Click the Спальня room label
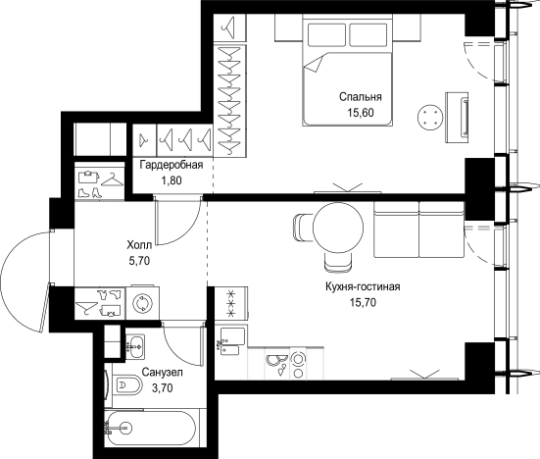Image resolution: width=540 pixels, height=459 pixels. [x=361, y=97]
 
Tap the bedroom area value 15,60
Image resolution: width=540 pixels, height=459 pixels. [x=361, y=113]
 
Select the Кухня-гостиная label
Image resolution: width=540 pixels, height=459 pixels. [x=363, y=286]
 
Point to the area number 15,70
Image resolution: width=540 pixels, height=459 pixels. [x=363, y=302]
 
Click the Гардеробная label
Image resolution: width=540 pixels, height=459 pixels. [x=172, y=165]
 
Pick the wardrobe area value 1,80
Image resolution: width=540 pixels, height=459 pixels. [x=172, y=180]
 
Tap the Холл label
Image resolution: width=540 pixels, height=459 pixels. [x=139, y=245]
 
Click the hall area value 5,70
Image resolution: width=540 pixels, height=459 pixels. [x=139, y=261]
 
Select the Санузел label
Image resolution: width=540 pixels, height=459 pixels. [x=163, y=373]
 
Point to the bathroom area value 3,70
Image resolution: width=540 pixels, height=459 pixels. [x=163, y=388]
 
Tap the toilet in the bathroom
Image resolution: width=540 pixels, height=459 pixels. [x=127, y=384]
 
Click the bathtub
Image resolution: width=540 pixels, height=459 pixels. [x=151, y=429]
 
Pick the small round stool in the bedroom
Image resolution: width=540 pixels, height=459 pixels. [x=430, y=118]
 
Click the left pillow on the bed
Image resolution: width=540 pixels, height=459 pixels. [x=326, y=34]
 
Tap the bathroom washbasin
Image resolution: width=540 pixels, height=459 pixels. [x=135, y=346]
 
